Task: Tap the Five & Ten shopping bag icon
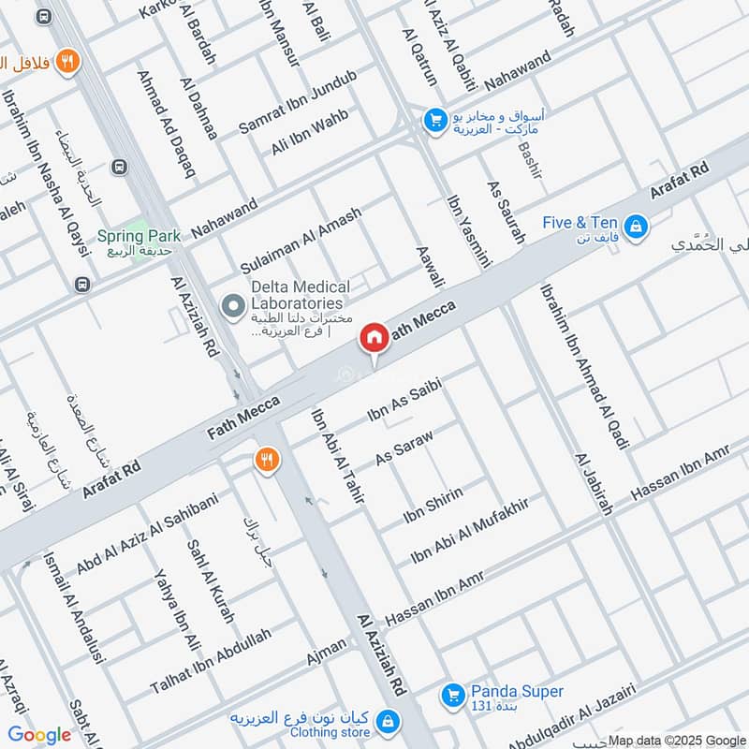[x=637, y=226]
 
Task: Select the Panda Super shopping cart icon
[x=453, y=695]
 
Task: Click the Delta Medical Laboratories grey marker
[x=231, y=305]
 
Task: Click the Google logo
[x=40, y=735]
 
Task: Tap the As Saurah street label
[x=506, y=213]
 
